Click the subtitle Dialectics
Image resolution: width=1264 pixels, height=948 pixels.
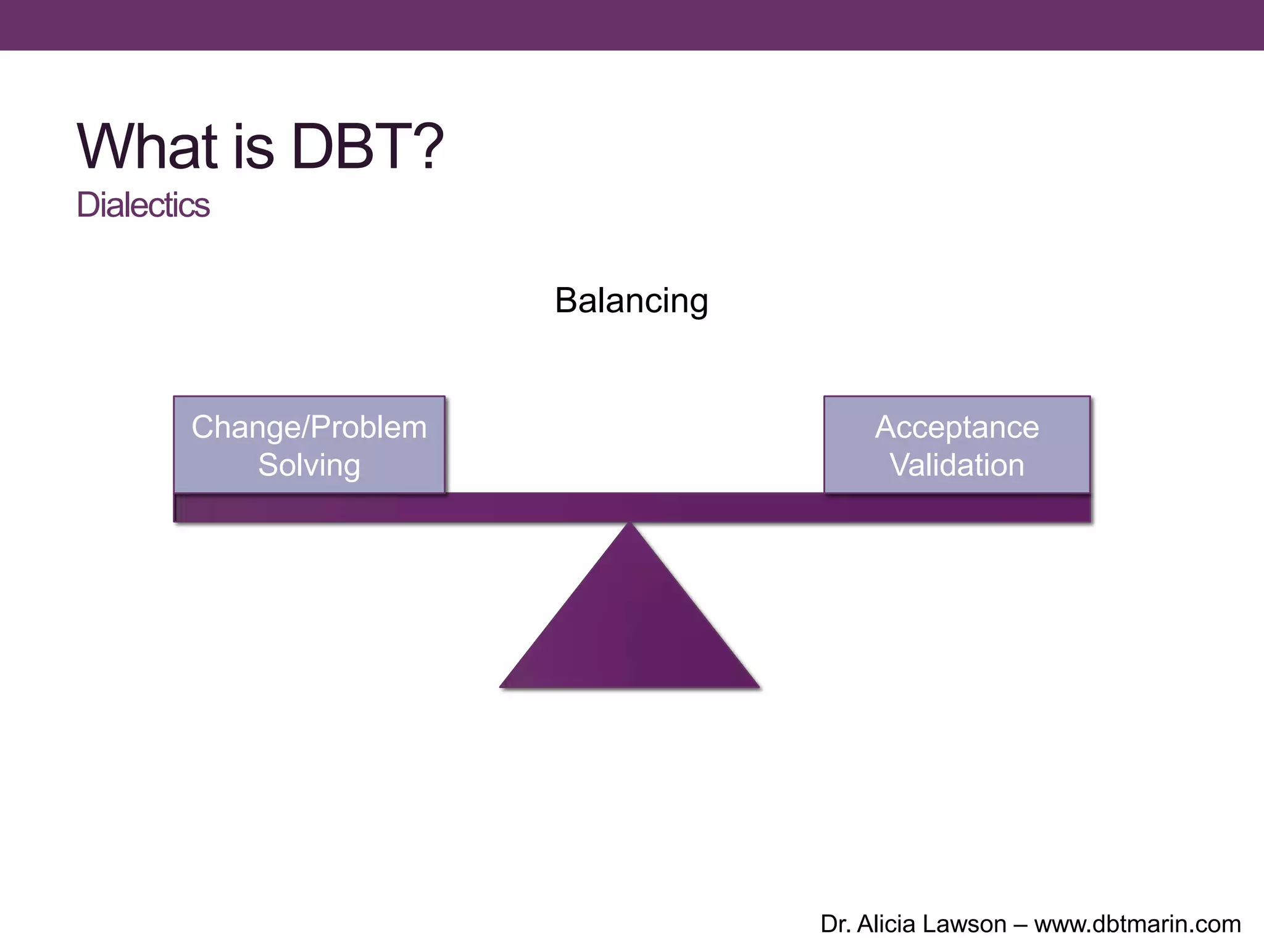143,205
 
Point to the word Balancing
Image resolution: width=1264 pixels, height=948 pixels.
631,301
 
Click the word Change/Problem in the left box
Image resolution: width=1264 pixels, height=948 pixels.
309,427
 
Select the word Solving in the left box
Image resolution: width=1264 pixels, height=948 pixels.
309,465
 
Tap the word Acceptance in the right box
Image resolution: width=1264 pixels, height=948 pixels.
957,427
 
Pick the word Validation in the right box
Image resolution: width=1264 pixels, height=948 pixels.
957,465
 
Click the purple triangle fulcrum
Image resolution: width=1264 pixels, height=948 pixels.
630,630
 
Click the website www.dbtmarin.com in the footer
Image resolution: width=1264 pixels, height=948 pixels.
1137,924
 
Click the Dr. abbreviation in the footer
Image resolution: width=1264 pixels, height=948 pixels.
835,924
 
